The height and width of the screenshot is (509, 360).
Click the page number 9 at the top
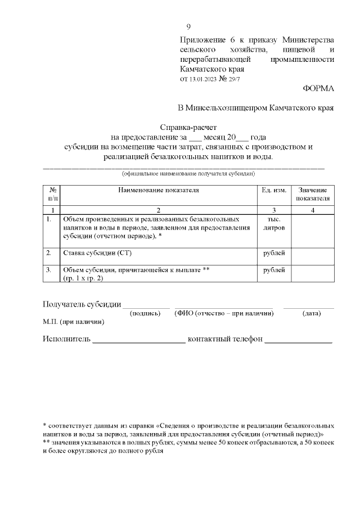click(x=188, y=26)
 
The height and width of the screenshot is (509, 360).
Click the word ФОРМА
click(x=318, y=89)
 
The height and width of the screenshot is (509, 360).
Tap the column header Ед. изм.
click(x=273, y=190)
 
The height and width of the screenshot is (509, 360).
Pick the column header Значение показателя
click(x=313, y=194)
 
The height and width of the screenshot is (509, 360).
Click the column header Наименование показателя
click(x=158, y=190)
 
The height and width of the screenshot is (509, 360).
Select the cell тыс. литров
click(x=273, y=224)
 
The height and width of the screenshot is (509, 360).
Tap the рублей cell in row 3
click(x=273, y=270)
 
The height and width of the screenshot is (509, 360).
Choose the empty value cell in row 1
click(x=313, y=228)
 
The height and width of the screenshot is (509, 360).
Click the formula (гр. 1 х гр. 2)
click(x=83, y=278)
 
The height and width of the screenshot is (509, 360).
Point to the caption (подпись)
click(x=146, y=313)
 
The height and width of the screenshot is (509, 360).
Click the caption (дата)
click(x=311, y=313)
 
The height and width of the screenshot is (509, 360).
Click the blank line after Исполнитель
click(x=138, y=340)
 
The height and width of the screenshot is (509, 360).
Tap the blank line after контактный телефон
click(x=298, y=340)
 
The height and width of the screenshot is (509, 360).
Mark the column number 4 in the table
click(x=313, y=209)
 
